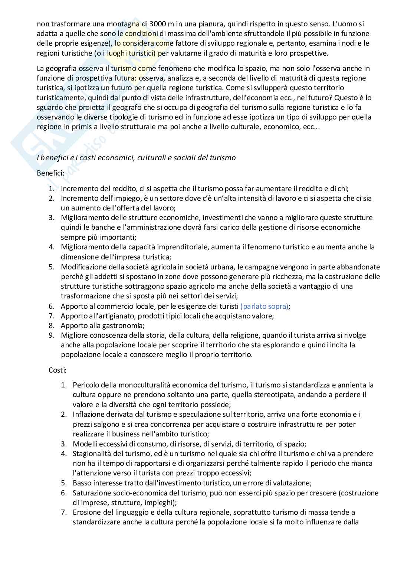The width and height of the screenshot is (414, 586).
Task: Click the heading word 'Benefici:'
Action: (x=51, y=173)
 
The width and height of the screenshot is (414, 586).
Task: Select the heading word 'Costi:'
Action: (x=57, y=370)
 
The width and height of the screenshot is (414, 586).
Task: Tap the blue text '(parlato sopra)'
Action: (x=264, y=306)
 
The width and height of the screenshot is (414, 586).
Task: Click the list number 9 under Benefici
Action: (x=52, y=335)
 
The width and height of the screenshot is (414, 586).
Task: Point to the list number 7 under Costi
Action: (x=64, y=513)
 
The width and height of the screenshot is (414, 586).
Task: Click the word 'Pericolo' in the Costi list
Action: (x=85, y=385)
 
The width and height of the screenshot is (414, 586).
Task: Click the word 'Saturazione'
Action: (x=91, y=493)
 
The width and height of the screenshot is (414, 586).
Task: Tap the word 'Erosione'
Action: (x=86, y=513)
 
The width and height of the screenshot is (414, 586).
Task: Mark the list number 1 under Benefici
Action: (x=52, y=189)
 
